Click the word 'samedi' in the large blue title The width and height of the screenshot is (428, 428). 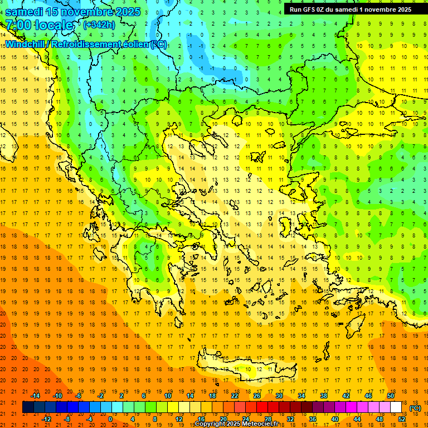[x=25, y=12]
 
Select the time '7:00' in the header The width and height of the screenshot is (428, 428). [x=17, y=25]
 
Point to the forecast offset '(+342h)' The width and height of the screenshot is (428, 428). [x=99, y=25]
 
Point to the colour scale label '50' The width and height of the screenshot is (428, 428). [x=391, y=396]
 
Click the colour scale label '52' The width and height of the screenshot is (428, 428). [x=402, y=419]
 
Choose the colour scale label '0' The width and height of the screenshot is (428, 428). [x=111, y=419]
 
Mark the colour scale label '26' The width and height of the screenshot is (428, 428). [x=257, y=396]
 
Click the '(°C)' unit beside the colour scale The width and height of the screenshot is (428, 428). [x=415, y=408]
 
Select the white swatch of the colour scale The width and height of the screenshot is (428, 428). [x=396, y=407]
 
